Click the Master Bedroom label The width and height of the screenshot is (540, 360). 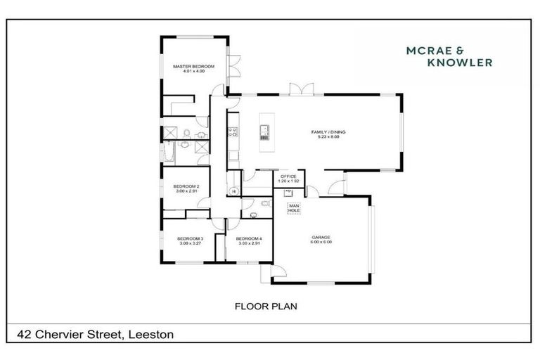193,66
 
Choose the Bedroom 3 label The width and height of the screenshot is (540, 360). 190,238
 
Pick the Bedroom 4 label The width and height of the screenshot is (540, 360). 250,238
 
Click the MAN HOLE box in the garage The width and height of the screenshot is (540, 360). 294,208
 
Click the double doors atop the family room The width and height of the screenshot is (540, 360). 300,89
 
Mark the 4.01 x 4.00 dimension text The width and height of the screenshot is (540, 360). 193,71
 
